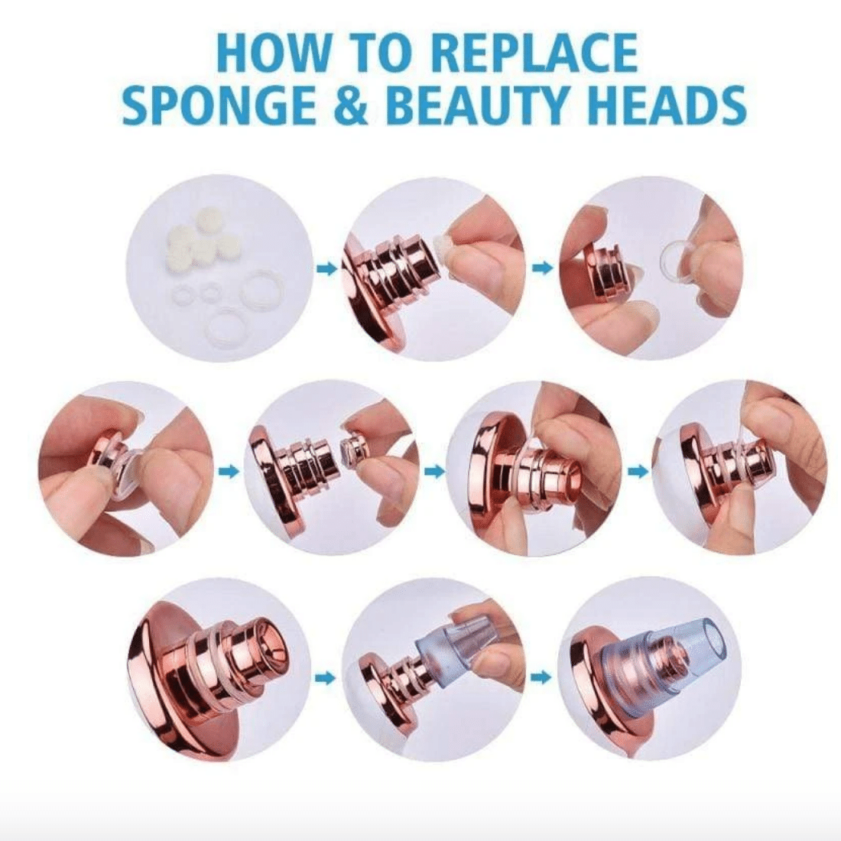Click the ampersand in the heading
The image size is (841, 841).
(352, 106)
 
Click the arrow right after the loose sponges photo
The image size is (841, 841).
(326, 268)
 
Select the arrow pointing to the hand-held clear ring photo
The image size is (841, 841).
(544, 267)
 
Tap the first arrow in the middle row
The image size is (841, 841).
(229, 471)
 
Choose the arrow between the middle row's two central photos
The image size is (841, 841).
(435, 471)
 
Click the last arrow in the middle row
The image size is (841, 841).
(637, 471)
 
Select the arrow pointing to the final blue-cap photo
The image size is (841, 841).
(544, 677)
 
